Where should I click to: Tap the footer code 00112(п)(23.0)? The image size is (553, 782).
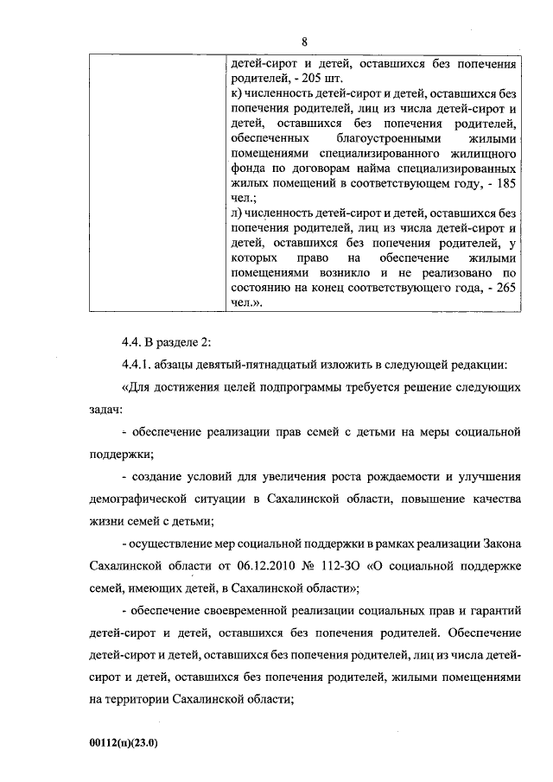(124, 742)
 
